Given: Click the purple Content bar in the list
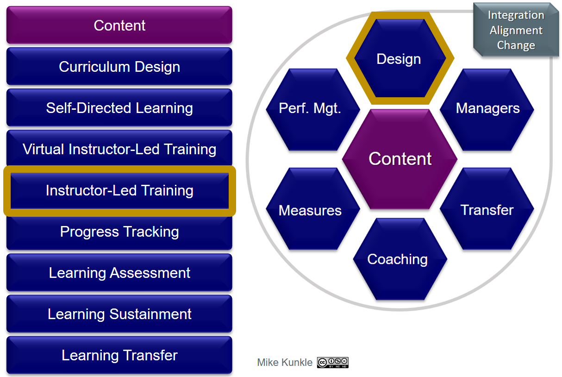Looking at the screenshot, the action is pos(119,25).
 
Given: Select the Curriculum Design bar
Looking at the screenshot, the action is pos(119,67).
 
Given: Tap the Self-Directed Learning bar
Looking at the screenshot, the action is pos(119,107).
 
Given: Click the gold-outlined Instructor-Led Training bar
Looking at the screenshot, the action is pos(119,191).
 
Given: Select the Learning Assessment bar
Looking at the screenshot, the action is pos(119,273).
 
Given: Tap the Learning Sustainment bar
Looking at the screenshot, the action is pos(119,314).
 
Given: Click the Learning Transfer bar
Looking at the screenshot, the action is pos(119,355).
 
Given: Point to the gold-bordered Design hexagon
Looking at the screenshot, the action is pos(400,58).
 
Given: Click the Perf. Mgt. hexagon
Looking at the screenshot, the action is pos(313,110).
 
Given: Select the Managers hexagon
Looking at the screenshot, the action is pos(487,110).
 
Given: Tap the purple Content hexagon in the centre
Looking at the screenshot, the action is pos(400,159).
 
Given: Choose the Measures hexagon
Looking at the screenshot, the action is pos(313,208).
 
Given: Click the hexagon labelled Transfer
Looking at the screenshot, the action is pos(487,208).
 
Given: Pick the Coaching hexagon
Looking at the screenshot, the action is pos(400,259).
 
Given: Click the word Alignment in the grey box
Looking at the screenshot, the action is pos(516,31).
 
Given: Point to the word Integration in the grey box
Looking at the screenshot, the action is pos(516,15).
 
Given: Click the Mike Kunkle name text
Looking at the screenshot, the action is pos(285,363).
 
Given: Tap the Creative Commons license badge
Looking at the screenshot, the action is pos(333,363).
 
